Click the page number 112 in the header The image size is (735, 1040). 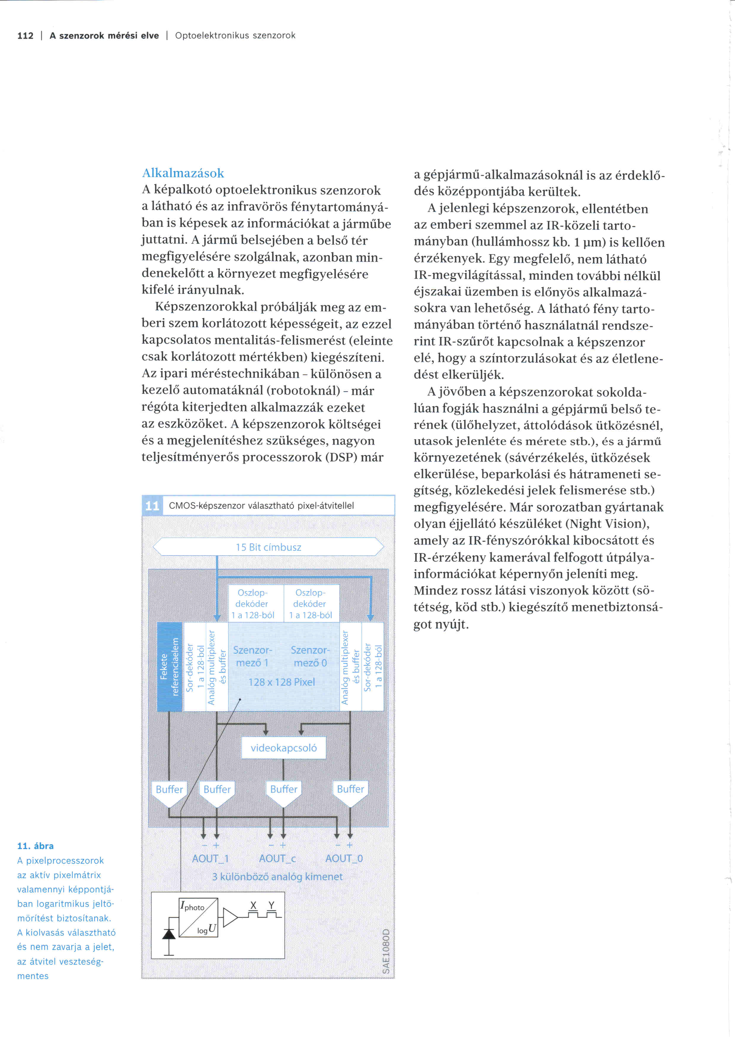[25, 36]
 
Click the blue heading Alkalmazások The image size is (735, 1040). [183, 173]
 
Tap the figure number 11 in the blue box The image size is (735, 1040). [152, 506]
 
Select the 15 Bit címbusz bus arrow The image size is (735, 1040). [269, 547]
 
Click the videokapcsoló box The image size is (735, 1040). [284, 748]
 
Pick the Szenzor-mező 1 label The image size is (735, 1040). [253, 656]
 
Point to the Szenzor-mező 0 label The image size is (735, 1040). [310, 656]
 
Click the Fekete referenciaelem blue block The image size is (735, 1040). [170, 666]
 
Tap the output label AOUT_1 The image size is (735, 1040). [210, 858]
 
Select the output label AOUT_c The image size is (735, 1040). [277, 858]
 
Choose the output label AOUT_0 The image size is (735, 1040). [344, 858]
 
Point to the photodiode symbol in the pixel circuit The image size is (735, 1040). [169, 934]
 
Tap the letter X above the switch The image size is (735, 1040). [253, 905]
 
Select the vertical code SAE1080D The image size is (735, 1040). [386, 951]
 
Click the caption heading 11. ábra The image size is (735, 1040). [35, 846]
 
